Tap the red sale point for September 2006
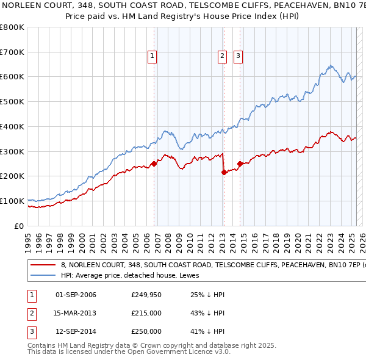click(x=154, y=164)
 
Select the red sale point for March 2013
click(x=224, y=172)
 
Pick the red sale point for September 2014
click(x=240, y=164)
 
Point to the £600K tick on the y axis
click(x=13, y=77)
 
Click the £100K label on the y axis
click(x=13, y=201)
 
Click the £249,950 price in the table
click(x=146, y=295)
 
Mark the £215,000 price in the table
click(x=146, y=313)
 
